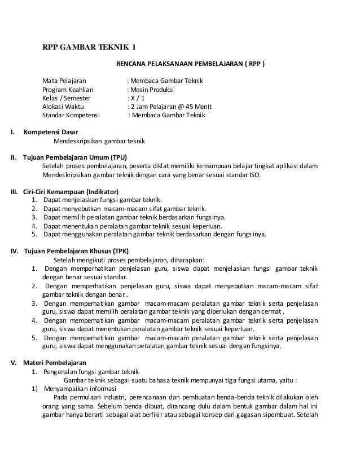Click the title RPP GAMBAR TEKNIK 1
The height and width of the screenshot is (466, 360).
click(90, 47)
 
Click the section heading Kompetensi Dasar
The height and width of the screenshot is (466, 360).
click(50, 132)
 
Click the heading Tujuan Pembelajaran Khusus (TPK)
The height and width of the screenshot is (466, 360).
click(68, 250)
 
